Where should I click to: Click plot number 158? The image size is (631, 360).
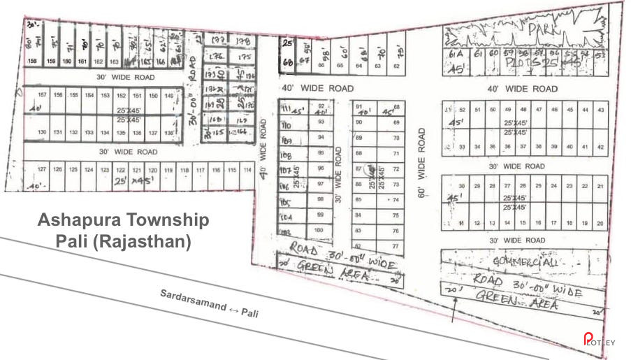tap(31, 62)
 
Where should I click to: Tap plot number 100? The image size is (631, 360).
tap(319, 230)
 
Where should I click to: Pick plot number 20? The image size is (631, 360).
tap(600, 223)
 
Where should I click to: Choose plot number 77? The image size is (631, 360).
tap(396, 246)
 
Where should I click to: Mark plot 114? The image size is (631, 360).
tap(247, 170)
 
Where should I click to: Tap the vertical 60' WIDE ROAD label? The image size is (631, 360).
tap(422, 163)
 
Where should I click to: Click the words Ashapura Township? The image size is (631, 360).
tap(123, 220)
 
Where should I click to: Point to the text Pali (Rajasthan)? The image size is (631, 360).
tap(123, 242)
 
